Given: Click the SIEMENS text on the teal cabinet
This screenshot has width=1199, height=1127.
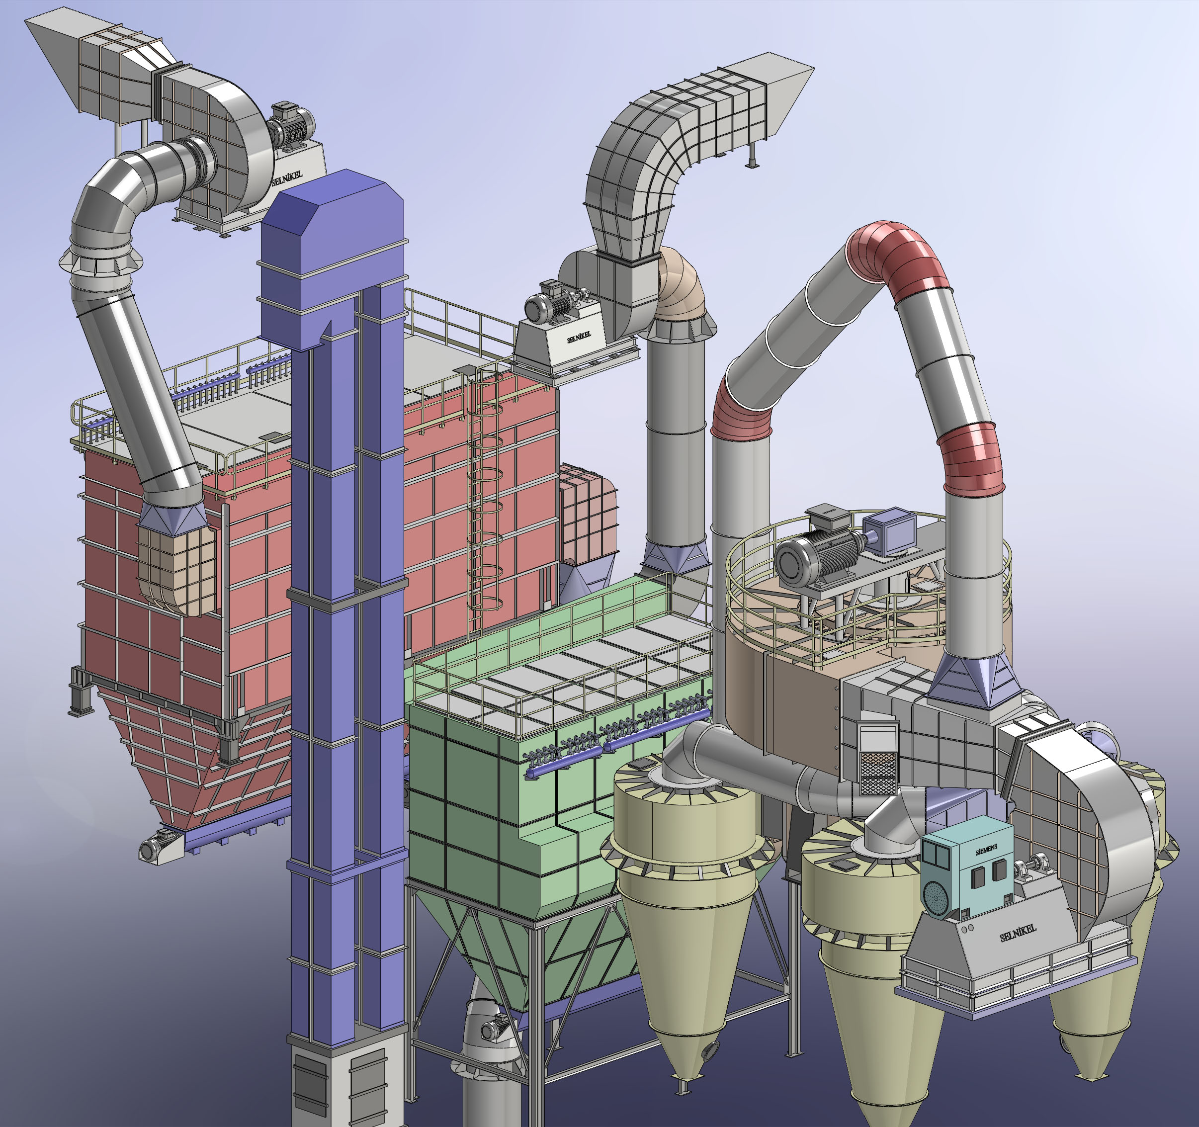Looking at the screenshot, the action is pos(986,850).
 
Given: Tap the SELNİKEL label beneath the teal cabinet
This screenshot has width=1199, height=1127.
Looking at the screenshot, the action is pos(1018,933).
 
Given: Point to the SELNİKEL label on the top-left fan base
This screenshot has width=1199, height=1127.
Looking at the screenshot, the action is pos(287,177).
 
